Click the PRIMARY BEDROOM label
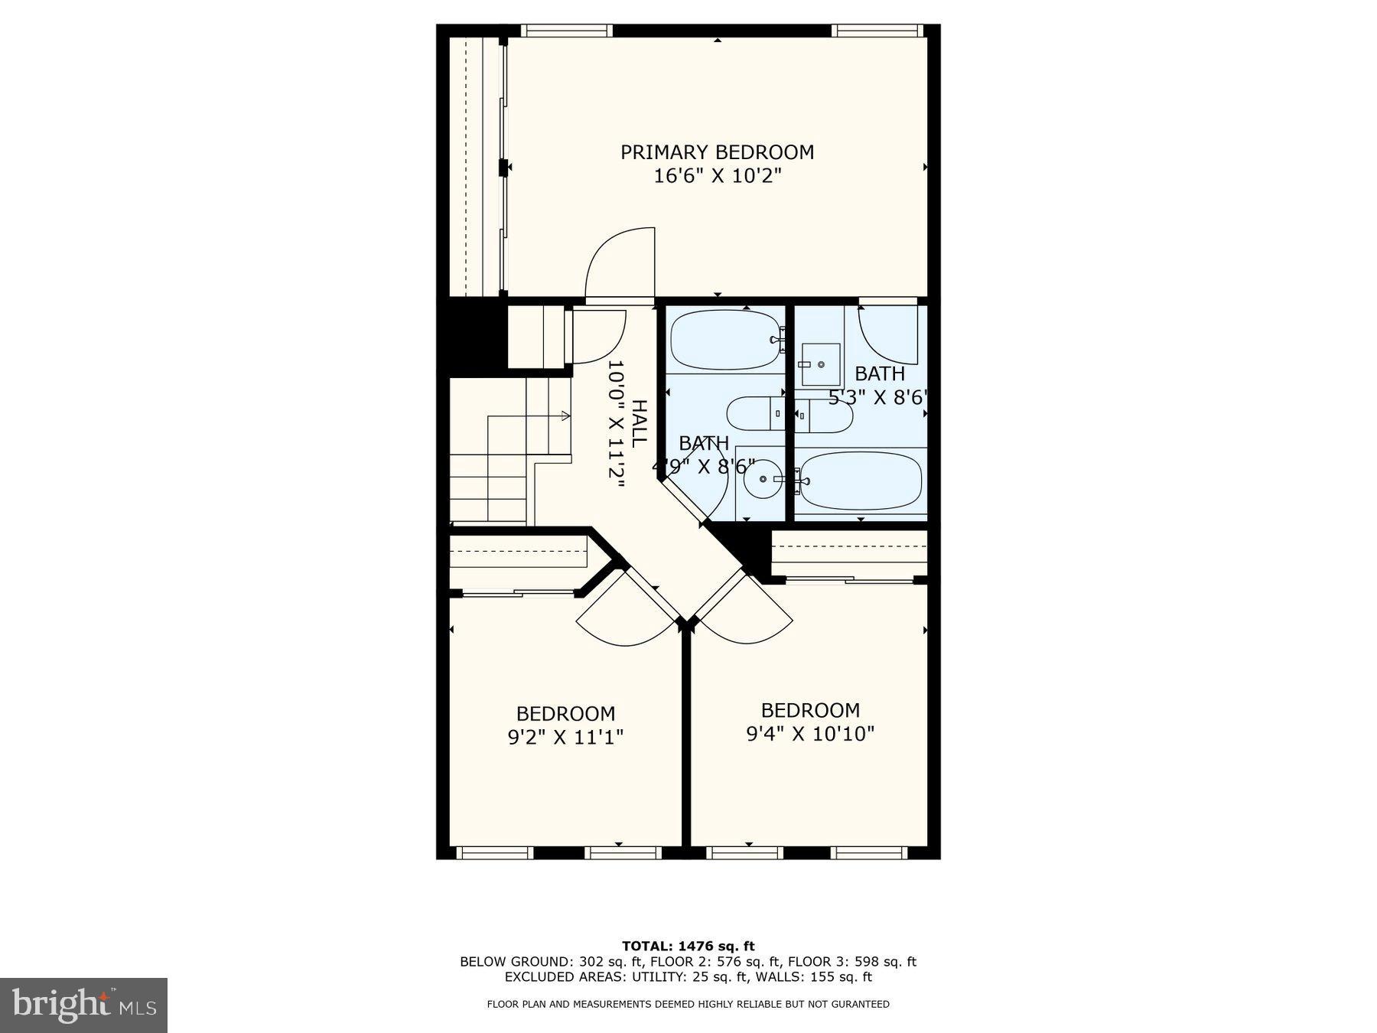tap(717, 152)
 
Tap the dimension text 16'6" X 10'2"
tap(717, 177)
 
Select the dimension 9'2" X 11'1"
tap(565, 738)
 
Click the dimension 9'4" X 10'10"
tap(810, 735)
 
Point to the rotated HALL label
tap(639, 423)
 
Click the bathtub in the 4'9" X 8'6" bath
tap(724, 340)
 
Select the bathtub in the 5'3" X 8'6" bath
tap(861, 481)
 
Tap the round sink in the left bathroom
tap(762, 480)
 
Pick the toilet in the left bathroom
tap(754, 414)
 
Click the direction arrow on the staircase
tap(565, 416)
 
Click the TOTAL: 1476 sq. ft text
tap(688, 947)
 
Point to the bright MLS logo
tap(83, 1005)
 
